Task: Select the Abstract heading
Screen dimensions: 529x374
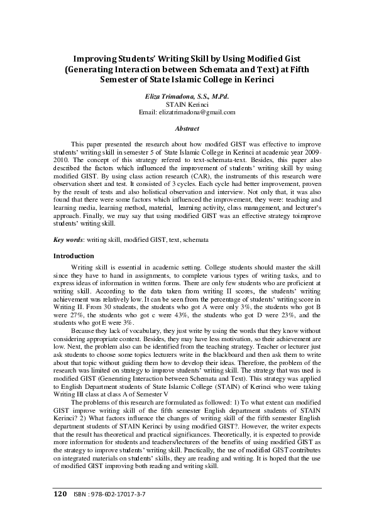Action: click(187, 129)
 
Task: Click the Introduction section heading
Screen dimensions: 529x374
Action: click(74, 256)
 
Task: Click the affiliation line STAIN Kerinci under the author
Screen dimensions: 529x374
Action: click(187, 104)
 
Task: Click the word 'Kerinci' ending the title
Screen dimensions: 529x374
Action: click(258, 79)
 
